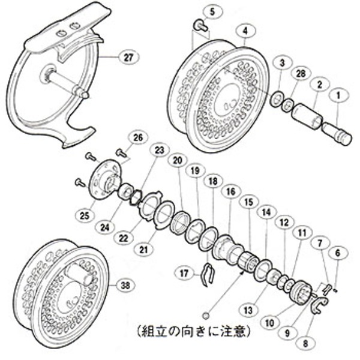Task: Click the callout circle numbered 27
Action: (128, 57)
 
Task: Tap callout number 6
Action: (337, 254)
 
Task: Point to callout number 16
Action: (229, 191)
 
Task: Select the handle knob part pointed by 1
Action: (338, 130)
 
